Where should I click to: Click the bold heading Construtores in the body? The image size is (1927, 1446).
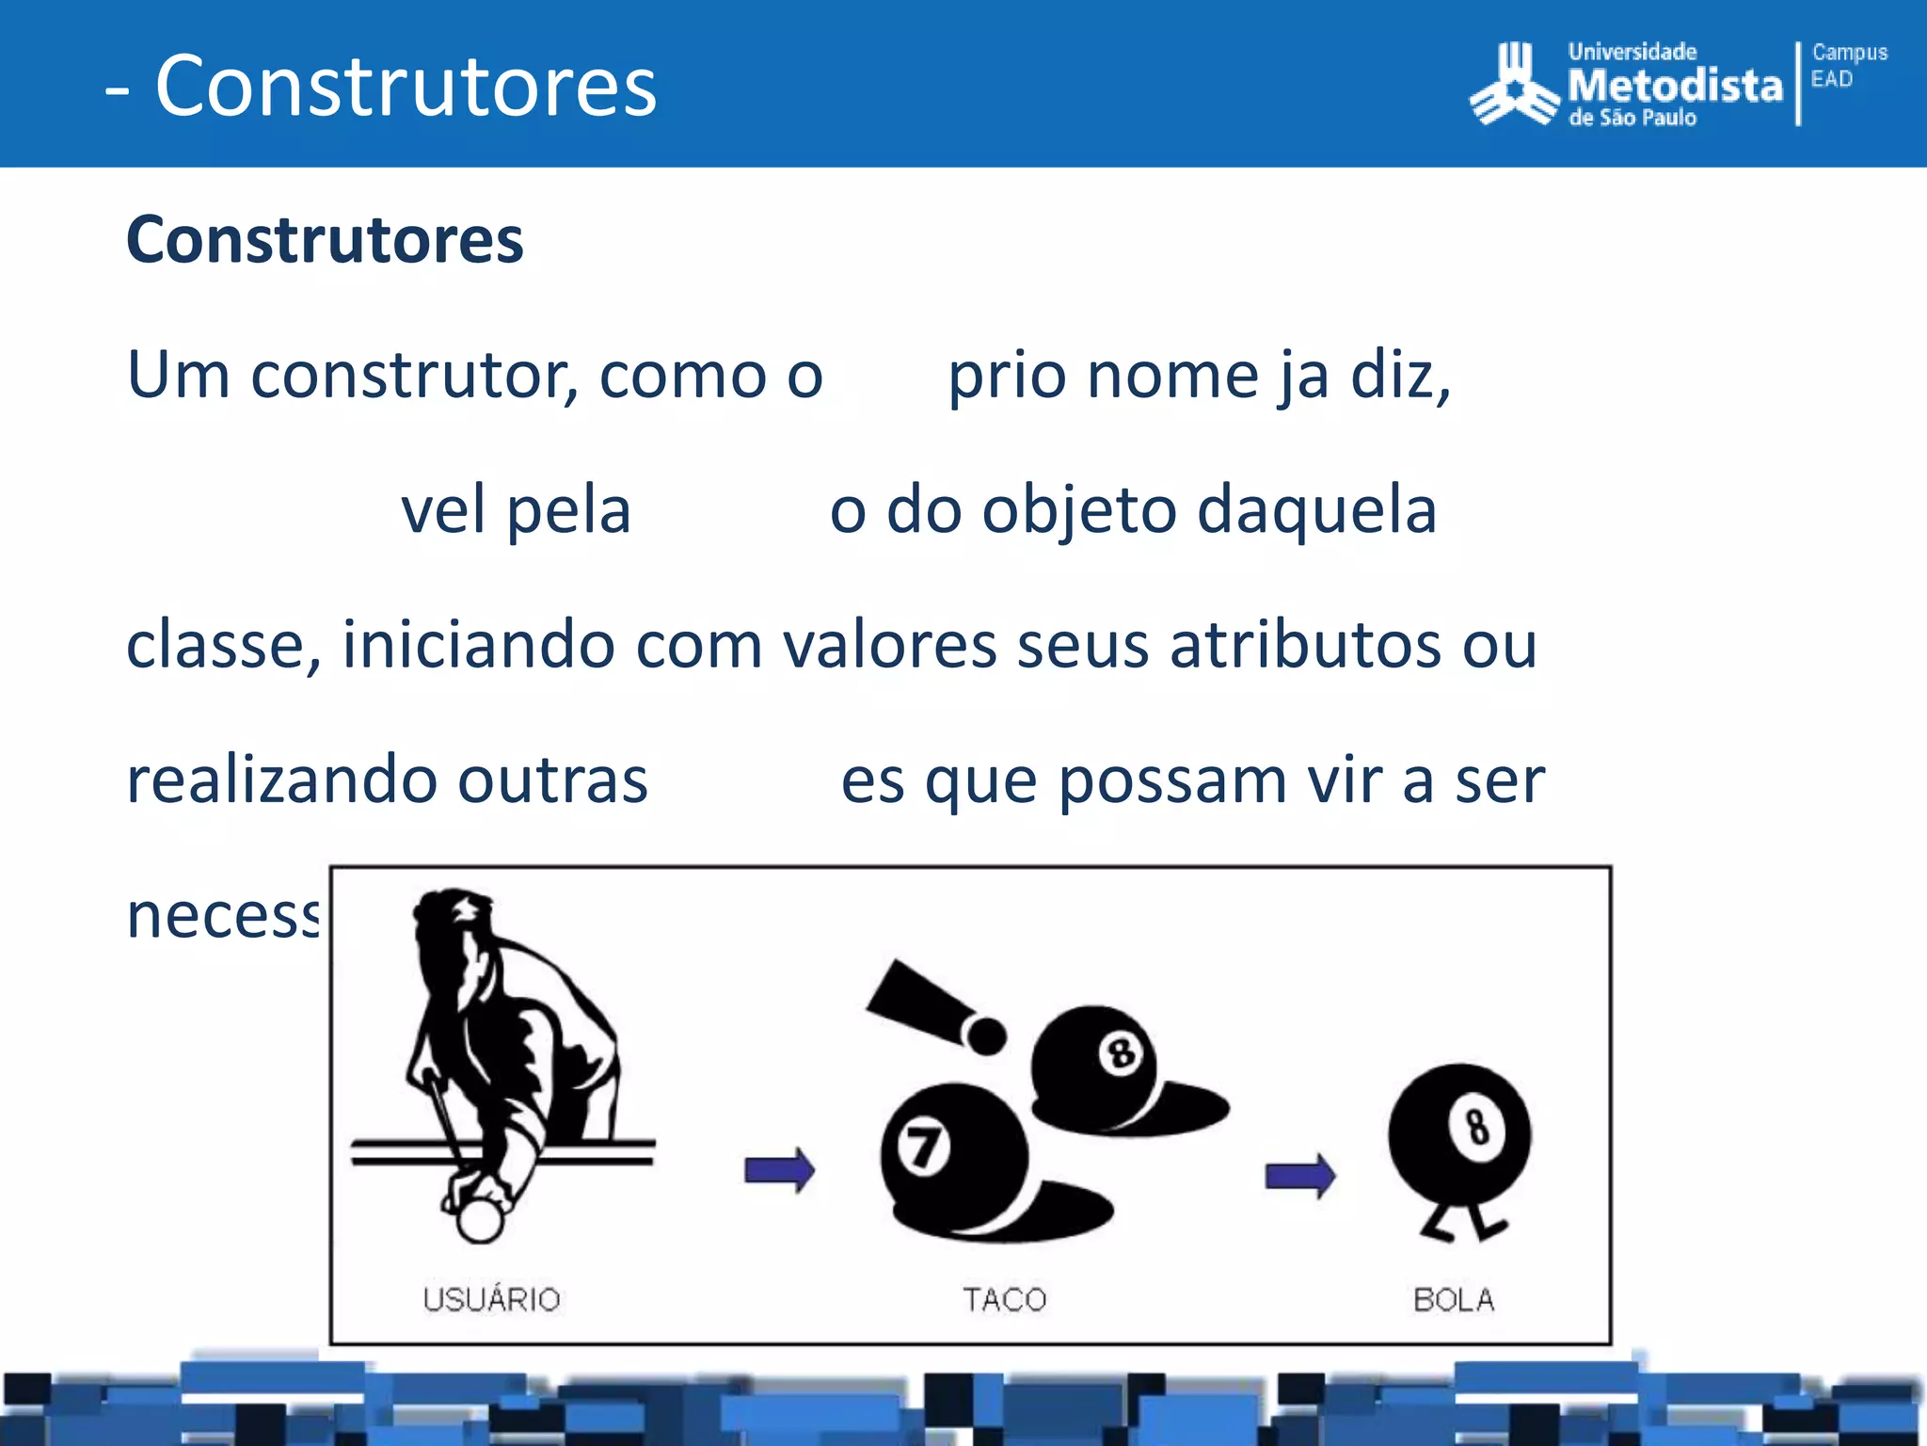pyautogui.click(x=325, y=240)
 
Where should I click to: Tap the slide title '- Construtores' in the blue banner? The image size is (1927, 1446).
pyautogui.click(x=381, y=86)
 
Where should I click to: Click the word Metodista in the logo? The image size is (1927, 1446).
pyautogui.click(x=1675, y=86)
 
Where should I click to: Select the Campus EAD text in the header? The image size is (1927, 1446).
pyautogui.click(x=1848, y=65)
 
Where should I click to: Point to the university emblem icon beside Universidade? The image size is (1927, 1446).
pyautogui.click(x=1514, y=84)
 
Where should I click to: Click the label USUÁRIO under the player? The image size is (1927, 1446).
pyautogui.click(x=491, y=1299)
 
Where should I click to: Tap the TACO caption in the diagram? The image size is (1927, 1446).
pyautogui.click(x=1004, y=1299)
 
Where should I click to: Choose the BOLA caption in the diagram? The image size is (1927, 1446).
pyautogui.click(x=1454, y=1299)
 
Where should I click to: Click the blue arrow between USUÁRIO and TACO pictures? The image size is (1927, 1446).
pyautogui.click(x=779, y=1170)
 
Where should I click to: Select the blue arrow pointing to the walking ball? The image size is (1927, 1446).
pyautogui.click(x=1299, y=1175)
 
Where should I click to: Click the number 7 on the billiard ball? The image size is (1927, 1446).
pyautogui.click(x=921, y=1148)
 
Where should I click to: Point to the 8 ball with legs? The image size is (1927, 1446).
pyautogui.click(x=1459, y=1139)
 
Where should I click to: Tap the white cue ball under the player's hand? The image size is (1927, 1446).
pyautogui.click(x=480, y=1221)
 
